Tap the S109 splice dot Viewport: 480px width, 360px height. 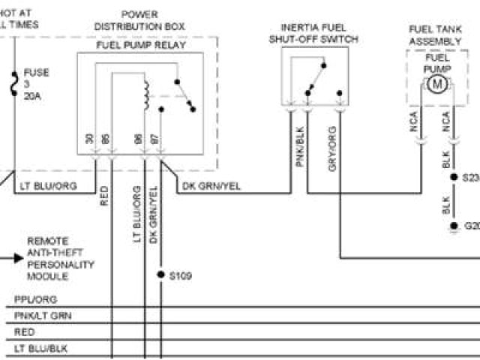(160, 275)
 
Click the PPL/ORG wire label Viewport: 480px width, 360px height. (35, 299)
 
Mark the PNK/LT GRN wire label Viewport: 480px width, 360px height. (43, 316)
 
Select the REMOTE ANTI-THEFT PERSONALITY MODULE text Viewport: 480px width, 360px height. (61, 259)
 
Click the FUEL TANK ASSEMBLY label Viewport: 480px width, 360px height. (434, 34)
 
